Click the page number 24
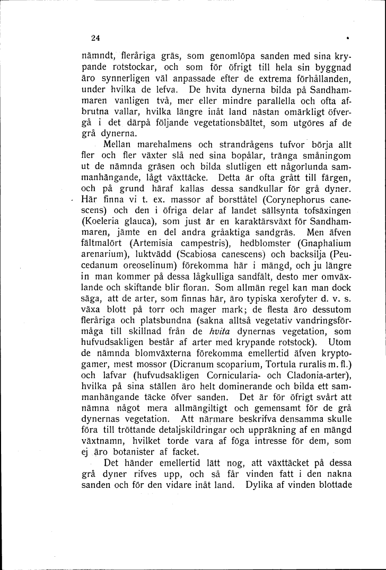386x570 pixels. (x=95, y=37)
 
